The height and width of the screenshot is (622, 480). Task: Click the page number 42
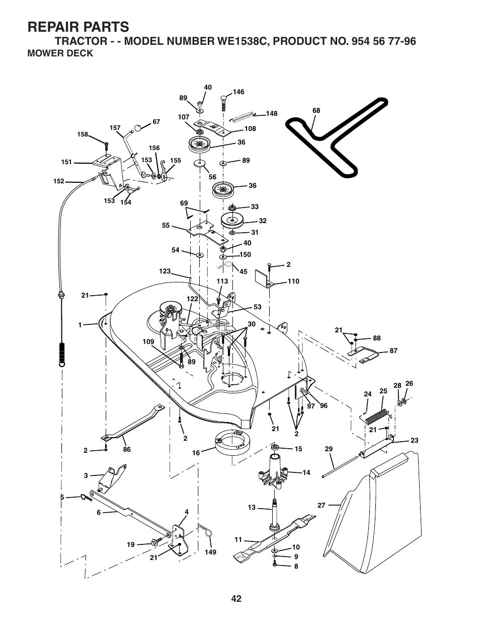236,598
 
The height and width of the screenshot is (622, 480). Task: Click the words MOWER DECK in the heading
60,53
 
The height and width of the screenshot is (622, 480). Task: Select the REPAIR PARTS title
78,26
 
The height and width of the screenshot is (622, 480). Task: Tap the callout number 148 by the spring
272,114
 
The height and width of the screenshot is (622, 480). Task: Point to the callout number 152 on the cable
59,181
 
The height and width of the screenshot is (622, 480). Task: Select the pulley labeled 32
232,221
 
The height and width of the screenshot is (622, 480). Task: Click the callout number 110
293,281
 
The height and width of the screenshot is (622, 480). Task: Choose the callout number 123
165,271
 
